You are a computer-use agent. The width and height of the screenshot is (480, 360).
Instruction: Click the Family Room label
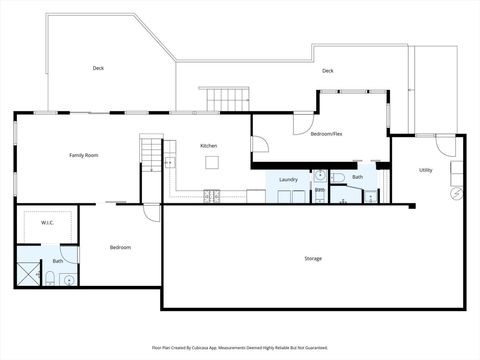[x=83, y=155]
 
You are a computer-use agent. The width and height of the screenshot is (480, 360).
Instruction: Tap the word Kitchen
[x=208, y=146]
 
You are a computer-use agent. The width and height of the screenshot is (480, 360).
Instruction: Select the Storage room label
[x=313, y=259]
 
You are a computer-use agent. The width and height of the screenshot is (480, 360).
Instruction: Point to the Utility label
[x=425, y=170]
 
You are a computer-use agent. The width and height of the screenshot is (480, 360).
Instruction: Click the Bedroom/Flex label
[x=326, y=133]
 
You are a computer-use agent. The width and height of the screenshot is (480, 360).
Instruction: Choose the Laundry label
[x=289, y=180]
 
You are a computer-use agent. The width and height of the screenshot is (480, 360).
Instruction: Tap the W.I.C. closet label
[x=47, y=224]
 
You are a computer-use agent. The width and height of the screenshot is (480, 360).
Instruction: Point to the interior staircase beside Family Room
[x=150, y=152]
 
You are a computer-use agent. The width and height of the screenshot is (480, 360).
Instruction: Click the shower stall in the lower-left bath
[x=26, y=273]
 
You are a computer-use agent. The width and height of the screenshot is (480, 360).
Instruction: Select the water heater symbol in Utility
[x=457, y=192]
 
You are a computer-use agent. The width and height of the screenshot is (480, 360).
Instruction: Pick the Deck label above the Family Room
[x=98, y=68]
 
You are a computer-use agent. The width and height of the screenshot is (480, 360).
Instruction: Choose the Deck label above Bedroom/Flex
[x=327, y=71]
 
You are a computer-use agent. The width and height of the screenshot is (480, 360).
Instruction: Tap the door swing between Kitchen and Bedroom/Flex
[x=259, y=145]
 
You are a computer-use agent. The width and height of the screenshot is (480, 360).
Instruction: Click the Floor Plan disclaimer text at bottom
[x=239, y=347]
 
